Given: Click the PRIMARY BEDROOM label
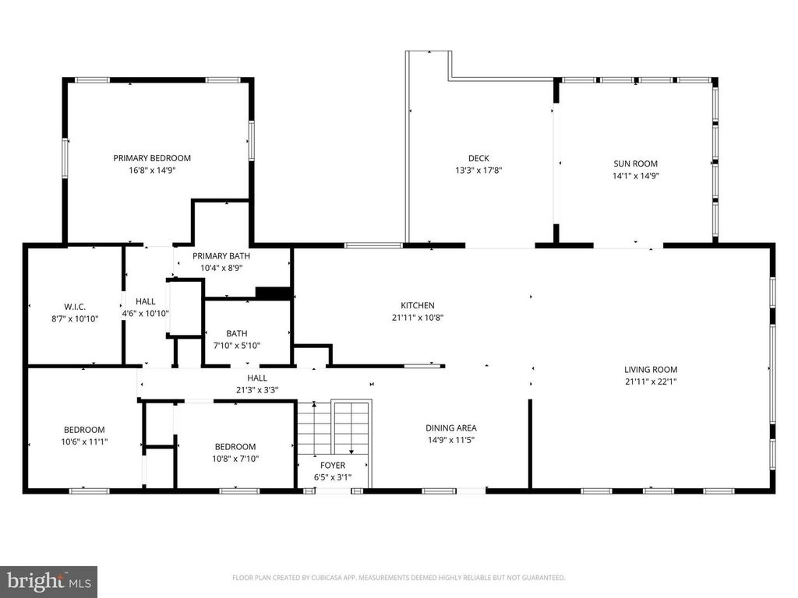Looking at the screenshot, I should pyautogui.click(x=151, y=158).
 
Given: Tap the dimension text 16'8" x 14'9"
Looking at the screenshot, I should pyautogui.click(x=151, y=170).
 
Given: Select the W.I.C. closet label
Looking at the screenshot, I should pyautogui.click(x=69, y=306).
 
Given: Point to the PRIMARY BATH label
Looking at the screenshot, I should pyautogui.click(x=221, y=256).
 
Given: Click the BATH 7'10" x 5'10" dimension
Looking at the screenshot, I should pyautogui.click(x=237, y=345).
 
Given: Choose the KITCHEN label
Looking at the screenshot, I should pyautogui.click(x=418, y=305).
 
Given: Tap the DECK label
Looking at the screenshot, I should pyautogui.click(x=478, y=158).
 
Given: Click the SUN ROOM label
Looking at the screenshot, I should pyautogui.click(x=635, y=164).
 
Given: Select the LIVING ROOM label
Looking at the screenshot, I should pyautogui.click(x=651, y=370).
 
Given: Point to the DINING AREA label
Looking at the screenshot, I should pyautogui.click(x=450, y=427).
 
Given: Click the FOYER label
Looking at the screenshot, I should pyautogui.click(x=333, y=466).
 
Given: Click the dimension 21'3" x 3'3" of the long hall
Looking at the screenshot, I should pyautogui.click(x=257, y=390).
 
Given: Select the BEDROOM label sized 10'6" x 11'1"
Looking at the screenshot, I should pyautogui.click(x=84, y=429).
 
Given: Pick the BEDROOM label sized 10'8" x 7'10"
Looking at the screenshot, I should pyautogui.click(x=235, y=447).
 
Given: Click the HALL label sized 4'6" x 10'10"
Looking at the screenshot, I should pyautogui.click(x=146, y=301).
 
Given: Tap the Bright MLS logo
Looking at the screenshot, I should pyautogui.click(x=48, y=581).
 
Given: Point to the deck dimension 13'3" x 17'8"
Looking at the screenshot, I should pyautogui.click(x=478, y=170).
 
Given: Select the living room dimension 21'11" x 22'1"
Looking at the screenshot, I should pyautogui.click(x=651, y=382).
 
